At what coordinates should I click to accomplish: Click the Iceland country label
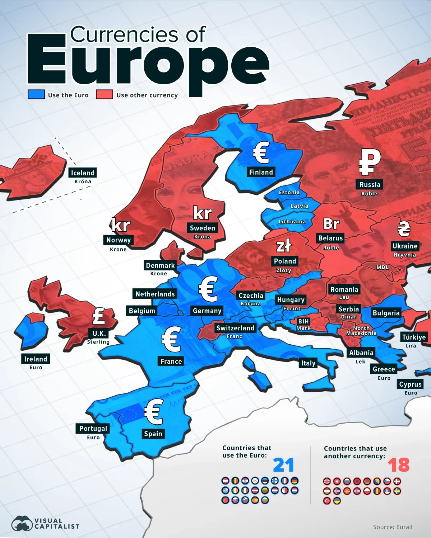(83, 173)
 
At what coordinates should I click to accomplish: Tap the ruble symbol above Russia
(370, 162)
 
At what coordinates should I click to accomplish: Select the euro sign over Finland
(261, 152)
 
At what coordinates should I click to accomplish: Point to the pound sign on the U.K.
(99, 316)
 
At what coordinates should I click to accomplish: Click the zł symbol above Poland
(283, 246)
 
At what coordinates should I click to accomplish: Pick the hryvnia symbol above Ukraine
(404, 228)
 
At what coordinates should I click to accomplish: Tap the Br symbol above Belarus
(331, 224)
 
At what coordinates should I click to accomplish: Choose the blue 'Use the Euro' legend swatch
(36, 94)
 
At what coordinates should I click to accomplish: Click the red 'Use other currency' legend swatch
(105, 94)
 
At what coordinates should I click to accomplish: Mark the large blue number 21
(283, 465)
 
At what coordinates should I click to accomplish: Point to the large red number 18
(398, 465)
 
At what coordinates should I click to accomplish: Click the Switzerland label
(235, 328)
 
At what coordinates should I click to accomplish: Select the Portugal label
(93, 428)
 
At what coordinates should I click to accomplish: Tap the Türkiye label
(414, 337)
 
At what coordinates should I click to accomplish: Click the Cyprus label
(410, 384)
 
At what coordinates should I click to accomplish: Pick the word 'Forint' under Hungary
(292, 308)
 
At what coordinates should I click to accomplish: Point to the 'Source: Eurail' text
(393, 527)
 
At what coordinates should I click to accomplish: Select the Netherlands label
(155, 294)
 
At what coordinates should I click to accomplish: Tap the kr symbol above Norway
(121, 225)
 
